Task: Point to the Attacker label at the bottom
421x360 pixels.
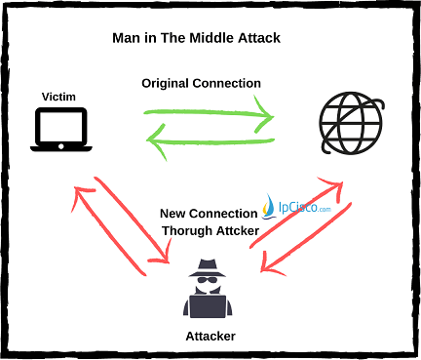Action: [210, 336]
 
